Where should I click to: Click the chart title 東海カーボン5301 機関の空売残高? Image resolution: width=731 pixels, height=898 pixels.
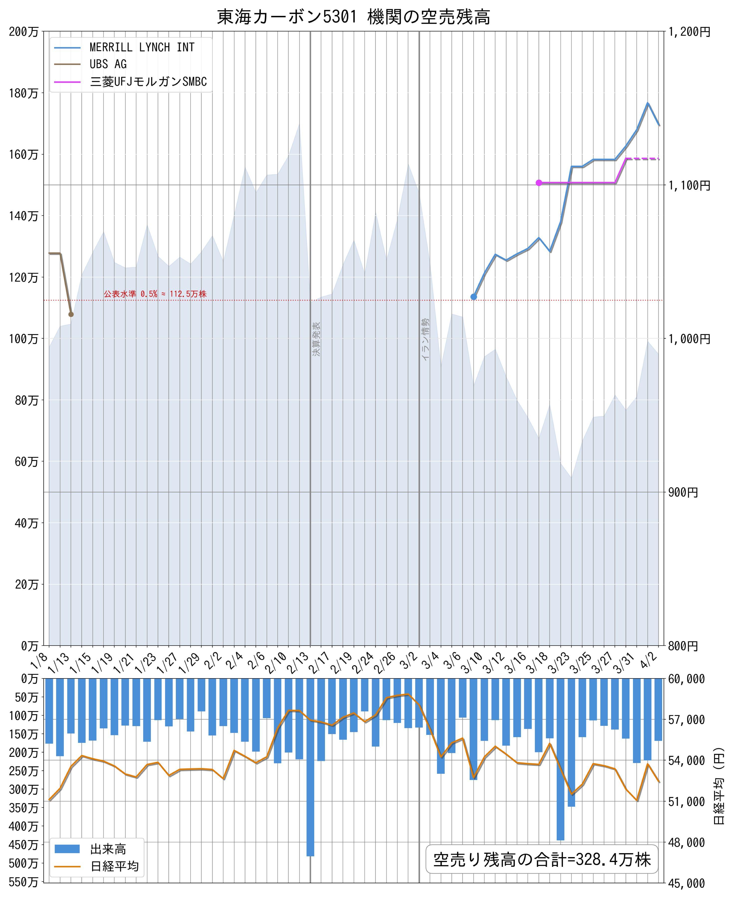tap(353, 17)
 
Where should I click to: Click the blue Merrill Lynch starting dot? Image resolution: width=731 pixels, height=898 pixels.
tap(473, 297)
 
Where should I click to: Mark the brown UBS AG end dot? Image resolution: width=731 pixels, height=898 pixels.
tap(71, 314)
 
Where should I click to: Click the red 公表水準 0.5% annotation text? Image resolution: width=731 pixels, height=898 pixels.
tap(155, 294)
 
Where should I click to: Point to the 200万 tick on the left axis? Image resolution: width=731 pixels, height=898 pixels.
tap(24, 32)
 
